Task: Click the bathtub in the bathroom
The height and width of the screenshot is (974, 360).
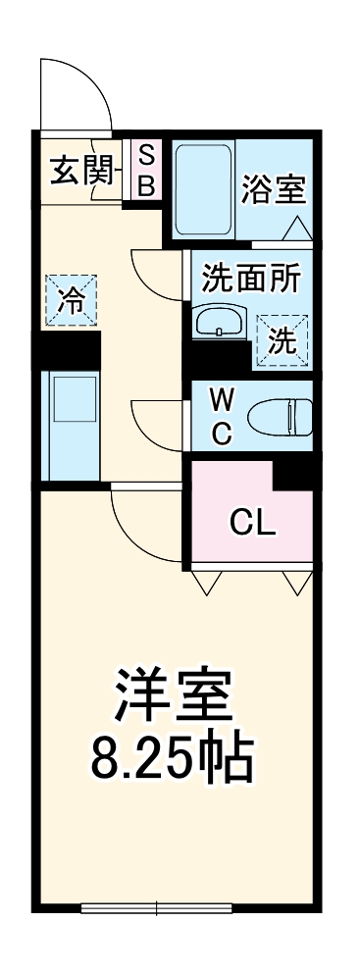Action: coord(204,189)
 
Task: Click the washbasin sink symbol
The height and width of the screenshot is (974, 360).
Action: coord(222,321)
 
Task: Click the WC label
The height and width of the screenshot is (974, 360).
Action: coord(222,417)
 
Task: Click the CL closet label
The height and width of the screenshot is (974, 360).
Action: coord(252,522)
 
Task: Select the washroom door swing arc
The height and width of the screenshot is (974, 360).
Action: coord(156,276)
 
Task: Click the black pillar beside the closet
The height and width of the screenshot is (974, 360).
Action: coord(293,474)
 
